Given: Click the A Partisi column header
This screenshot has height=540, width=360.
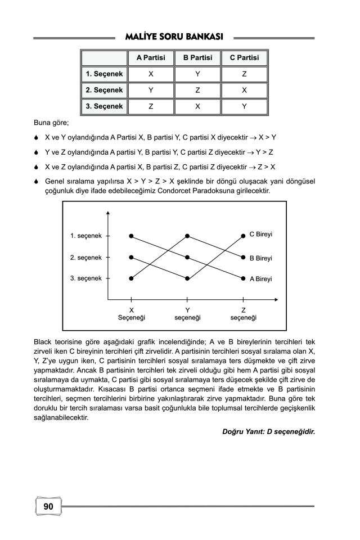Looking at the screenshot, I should coord(151,57).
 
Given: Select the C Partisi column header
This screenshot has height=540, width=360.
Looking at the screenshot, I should coord(244,57).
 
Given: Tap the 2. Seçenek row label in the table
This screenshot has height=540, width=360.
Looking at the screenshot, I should coord(104,90).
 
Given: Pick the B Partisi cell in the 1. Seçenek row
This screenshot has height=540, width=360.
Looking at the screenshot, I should coord(197,74).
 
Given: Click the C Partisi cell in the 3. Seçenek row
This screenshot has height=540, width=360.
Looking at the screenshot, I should coord(244,106).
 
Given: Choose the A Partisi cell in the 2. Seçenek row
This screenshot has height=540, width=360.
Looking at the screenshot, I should coord(151,90).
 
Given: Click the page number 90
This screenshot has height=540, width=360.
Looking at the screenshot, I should coord(48,507).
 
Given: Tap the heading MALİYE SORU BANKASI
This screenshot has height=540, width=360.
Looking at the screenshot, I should coord(174,37).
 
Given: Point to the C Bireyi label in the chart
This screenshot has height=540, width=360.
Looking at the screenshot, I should coord(261,234).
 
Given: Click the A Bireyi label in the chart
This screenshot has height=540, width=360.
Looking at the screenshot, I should coord(261,278).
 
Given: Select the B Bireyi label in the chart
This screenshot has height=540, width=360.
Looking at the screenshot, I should coord(261,258).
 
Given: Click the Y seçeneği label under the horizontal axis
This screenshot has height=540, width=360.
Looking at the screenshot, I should coord(187,314).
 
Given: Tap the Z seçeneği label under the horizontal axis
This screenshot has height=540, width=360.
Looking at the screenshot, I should coord(243,314).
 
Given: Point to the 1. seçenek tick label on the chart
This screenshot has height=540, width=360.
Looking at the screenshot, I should coord(86,236).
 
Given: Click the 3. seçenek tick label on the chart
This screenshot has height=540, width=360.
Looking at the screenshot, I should coord(86,278).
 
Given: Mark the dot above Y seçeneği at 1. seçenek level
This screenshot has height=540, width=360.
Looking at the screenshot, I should coord(187,236).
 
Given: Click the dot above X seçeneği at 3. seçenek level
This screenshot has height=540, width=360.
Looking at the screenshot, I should coord(131,278).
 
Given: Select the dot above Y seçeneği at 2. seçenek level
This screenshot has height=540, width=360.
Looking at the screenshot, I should coord(187,257).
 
